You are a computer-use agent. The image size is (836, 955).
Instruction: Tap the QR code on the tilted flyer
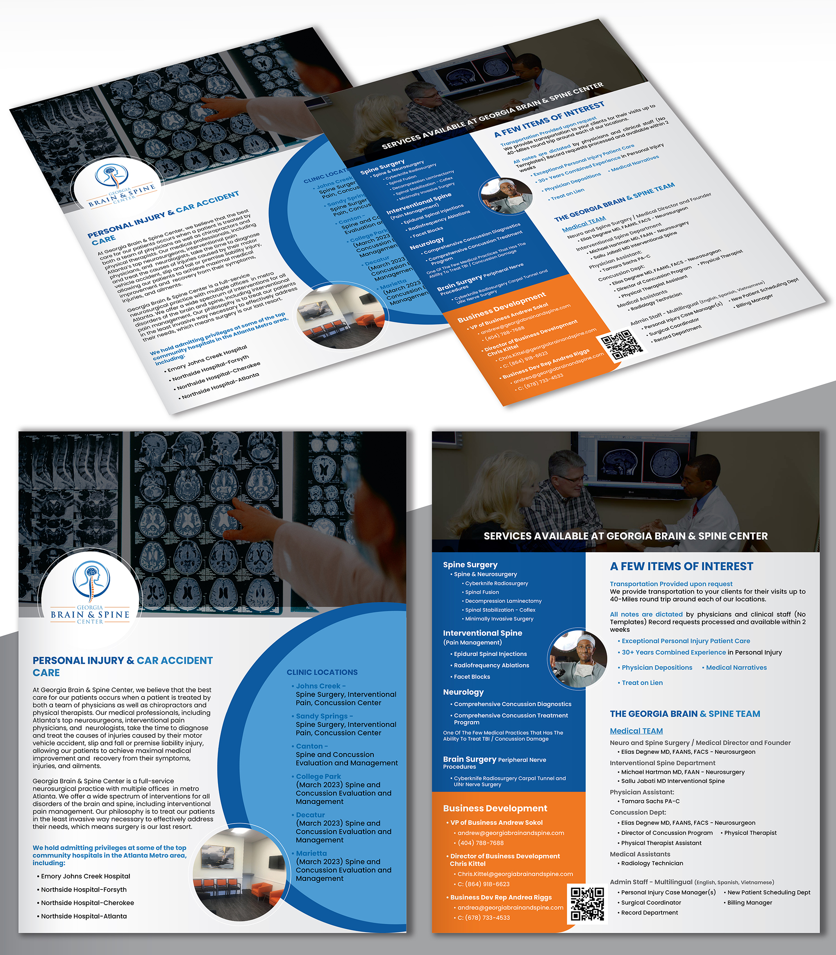click(621, 345)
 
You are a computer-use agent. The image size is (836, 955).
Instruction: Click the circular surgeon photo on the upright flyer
click(579, 659)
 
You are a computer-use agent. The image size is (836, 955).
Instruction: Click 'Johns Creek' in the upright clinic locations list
click(318, 686)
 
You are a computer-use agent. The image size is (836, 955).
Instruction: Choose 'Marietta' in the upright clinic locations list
click(311, 853)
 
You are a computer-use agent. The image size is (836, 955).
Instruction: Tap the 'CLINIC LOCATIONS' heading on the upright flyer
click(322, 672)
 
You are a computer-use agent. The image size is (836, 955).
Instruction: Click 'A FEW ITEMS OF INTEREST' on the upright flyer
click(681, 567)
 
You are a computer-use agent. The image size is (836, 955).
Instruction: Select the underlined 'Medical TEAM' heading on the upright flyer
click(636, 731)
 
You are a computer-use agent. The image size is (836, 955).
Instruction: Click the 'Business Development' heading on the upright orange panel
click(495, 808)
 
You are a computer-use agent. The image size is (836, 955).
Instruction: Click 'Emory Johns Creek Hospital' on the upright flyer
click(85, 876)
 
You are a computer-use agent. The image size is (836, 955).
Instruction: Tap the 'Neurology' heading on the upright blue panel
click(463, 692)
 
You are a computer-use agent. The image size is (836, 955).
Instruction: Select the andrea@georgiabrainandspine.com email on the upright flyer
click(510, 907)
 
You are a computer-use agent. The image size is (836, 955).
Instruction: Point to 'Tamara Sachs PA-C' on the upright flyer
click(650, 801)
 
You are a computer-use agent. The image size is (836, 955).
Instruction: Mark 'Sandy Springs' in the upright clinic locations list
click(322, 716)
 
